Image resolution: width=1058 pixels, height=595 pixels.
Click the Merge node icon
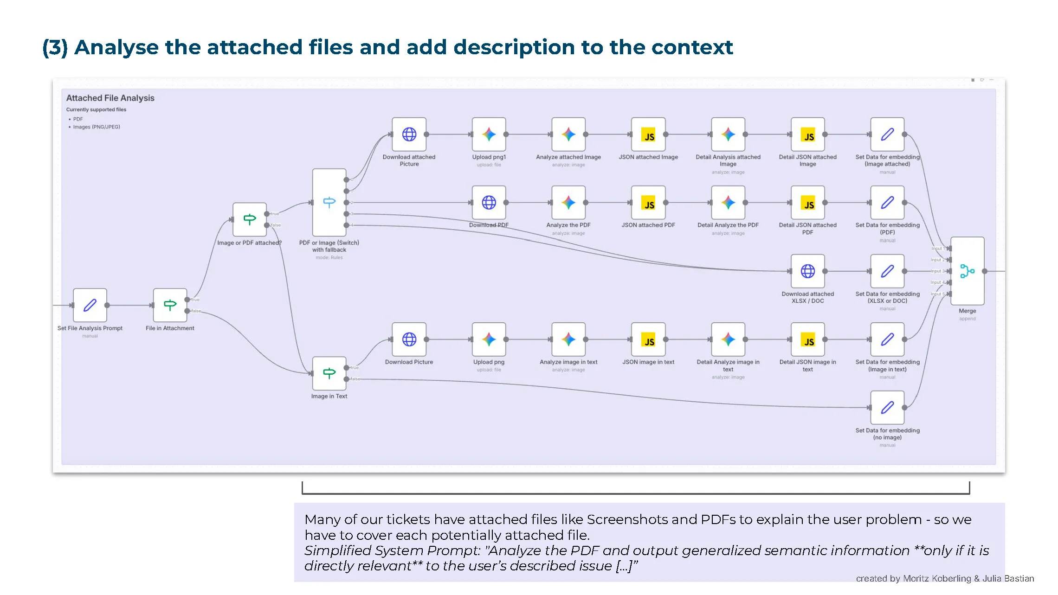(967, 271)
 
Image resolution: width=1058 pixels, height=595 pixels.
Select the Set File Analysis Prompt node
(90, 305)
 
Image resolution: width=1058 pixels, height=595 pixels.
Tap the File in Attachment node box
(170, 305)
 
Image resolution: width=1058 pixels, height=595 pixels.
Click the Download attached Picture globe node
(409, 134)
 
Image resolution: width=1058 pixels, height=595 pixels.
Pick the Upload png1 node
(489, 134)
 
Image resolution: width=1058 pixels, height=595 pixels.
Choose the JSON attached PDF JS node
(648, 203)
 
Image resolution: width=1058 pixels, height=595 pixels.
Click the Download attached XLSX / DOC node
(807, 271)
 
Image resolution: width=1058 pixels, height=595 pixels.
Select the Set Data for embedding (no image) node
(887, 408)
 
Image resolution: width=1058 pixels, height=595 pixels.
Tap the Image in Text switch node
(329, 373)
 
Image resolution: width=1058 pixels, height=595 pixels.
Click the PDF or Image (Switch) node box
(329, 203)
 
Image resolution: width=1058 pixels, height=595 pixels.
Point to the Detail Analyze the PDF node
(728, 203)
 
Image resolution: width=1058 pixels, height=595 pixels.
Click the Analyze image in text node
(568, 339)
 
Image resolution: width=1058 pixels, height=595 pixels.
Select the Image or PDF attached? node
(250, 219)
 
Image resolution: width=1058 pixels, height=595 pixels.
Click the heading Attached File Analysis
(110, 98)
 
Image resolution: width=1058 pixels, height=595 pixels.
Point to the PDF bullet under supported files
(77, 119)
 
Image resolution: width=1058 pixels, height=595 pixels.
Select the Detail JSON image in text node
(807, 339)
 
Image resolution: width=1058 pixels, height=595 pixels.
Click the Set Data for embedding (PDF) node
(887, 203)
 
